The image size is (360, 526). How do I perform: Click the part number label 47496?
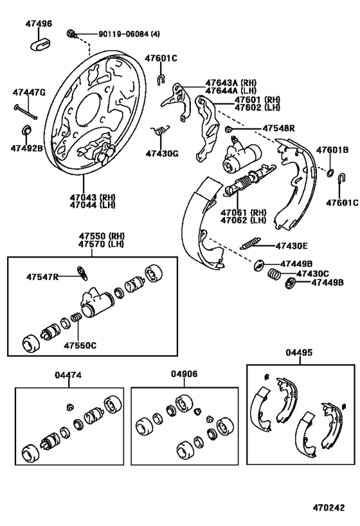click(x=39, y=24)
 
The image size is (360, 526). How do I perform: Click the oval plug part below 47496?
click(x=39, y=44)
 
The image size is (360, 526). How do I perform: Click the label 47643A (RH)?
click(x=231, y=83)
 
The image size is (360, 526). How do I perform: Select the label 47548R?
click(x=278, y=128)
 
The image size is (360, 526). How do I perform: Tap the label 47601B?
click(x=336, y=150)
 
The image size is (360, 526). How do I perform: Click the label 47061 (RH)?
click(x=243, y=213)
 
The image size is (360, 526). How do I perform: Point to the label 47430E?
click(x=291, y=245)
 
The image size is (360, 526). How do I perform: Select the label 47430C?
click(x=312, y=273)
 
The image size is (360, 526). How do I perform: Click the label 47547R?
click(x=42, y=277)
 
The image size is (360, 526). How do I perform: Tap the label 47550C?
click(x=80, y=346)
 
